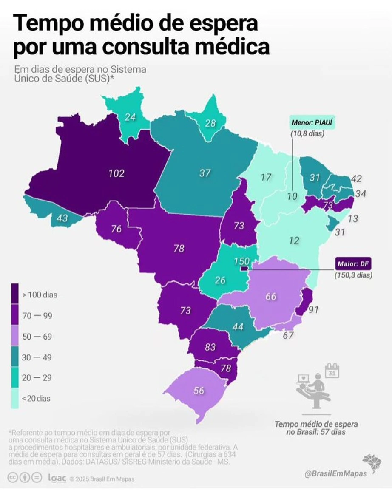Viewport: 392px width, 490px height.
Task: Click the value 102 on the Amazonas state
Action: point(116,173)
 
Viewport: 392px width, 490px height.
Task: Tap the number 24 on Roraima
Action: point(130,117)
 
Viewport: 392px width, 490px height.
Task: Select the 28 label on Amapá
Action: point(210,123)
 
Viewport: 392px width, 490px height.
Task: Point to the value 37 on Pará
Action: point(205,173)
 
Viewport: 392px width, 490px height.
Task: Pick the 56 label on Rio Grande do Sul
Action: point(199,391)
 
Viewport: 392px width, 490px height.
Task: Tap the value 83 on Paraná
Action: point(210,347)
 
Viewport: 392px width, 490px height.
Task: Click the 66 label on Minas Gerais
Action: point(271,297)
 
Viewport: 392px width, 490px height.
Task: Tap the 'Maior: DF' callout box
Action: point(353,264)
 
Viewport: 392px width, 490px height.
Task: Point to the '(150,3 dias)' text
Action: point(353,275)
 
